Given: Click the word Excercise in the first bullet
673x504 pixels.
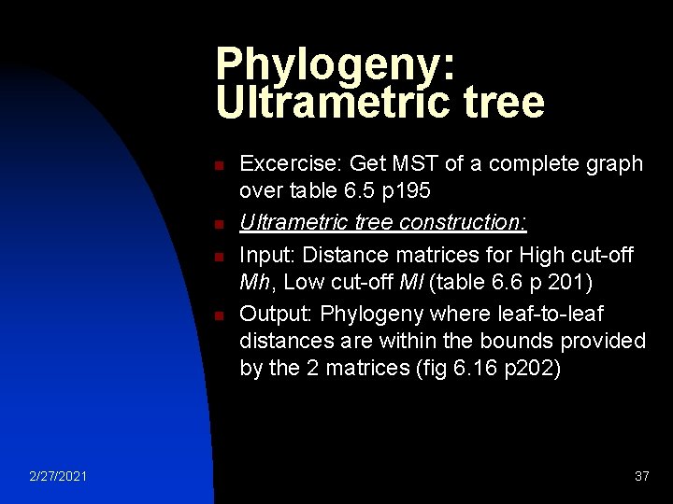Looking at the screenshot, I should pos(291,164).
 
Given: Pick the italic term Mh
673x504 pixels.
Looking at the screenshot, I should pos(256,281).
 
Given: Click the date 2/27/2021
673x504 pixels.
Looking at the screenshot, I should pos(58,477).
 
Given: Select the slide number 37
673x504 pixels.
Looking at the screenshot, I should pos(641,477).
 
